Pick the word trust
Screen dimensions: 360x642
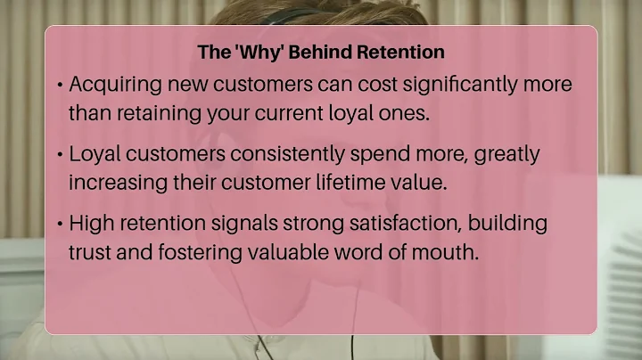89,251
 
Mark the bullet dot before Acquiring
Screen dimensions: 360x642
59,86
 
